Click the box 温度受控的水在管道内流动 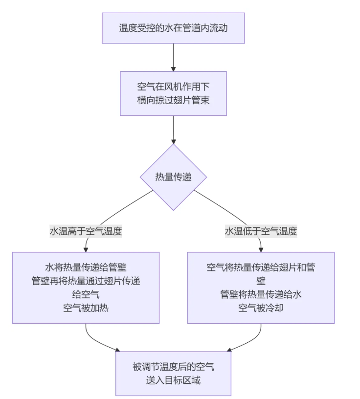tap(173, 28)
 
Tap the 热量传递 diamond tap(173, 177)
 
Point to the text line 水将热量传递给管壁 tap(86, 267)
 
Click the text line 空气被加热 tap(86, 308)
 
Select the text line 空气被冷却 tap(261, 308)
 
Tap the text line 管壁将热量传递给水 tap(261, 294)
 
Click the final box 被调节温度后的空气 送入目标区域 tap(173, 373)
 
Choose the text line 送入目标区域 tap(173, 380)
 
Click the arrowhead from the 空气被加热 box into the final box tap(117, 350)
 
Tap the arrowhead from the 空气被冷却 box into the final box tap(229, 350)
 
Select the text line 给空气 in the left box tap(86, 294)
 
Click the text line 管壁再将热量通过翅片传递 tap(86, 281)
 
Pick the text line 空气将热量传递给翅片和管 tap(261, 267)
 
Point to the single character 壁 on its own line tap(261, 281)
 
